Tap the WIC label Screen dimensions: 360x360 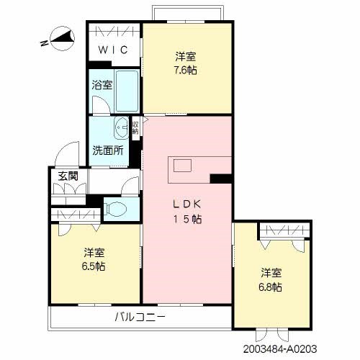coord(113,50)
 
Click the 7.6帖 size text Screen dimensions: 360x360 coord(185,71)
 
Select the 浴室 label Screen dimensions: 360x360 coord(102,85)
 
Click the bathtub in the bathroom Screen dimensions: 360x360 coord(127,91)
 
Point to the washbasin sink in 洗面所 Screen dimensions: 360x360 coord(121,127)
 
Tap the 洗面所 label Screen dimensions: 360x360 coord(108,150)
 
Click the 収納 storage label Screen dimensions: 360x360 coord(135,127)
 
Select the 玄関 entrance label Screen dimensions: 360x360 coord(68,176)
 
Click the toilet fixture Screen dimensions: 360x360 coord(114,208)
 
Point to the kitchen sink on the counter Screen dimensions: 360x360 coord(182,166)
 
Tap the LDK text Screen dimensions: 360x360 coord(187,204)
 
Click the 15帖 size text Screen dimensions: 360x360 coord(187,219)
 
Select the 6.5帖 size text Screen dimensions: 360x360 coord(94,266)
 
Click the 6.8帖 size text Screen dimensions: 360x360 coord(270,287)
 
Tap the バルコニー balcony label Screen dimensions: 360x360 coord(140,318)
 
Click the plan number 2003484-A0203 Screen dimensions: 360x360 coord(280,349)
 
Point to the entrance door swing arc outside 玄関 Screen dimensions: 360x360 coord(61,150)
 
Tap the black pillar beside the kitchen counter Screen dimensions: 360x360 coord(221,179)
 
